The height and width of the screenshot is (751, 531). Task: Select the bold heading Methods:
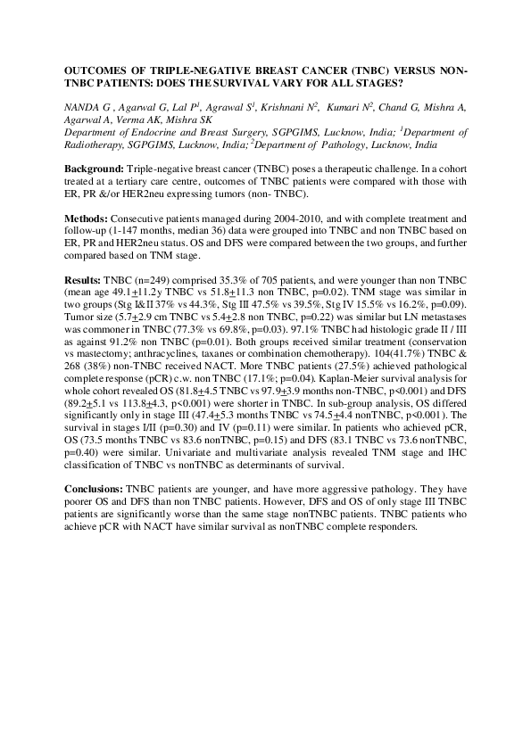[87, 218]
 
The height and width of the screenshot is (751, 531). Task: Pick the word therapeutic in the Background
[319, 169]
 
